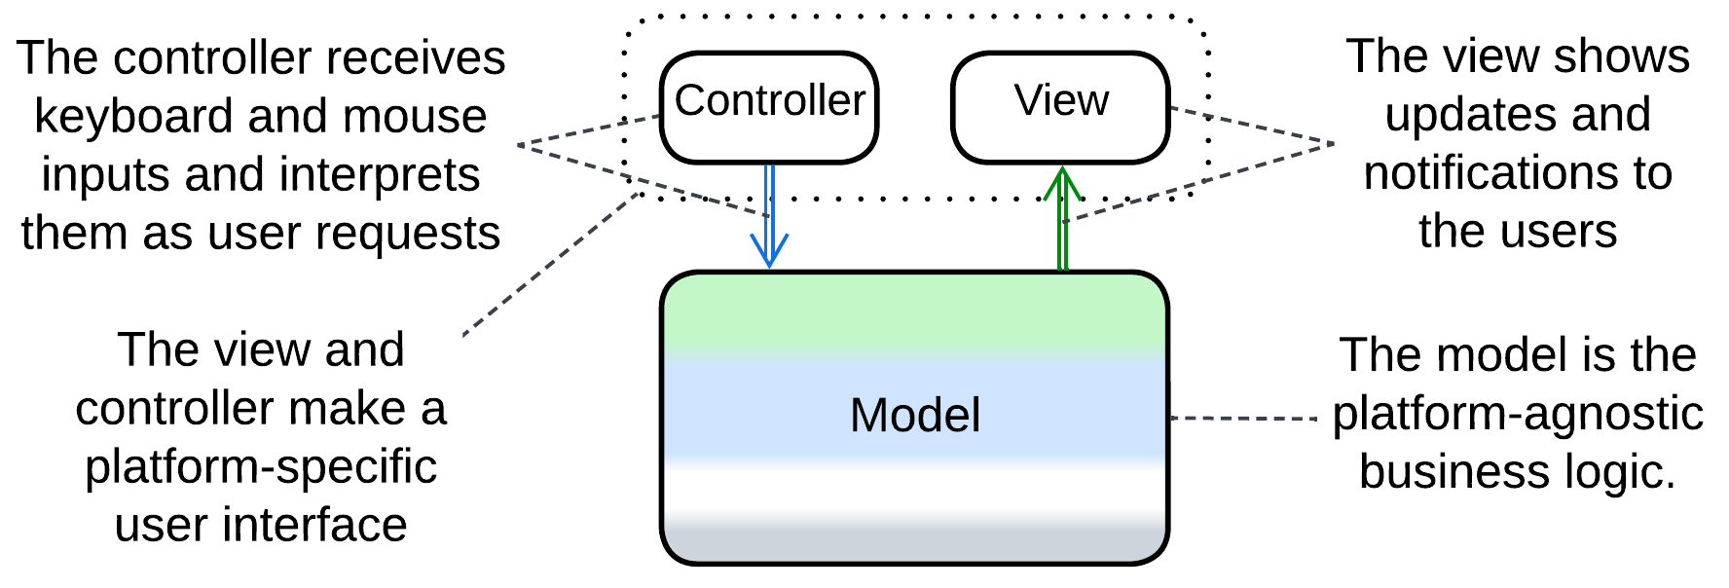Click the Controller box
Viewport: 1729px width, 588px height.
[769, 107]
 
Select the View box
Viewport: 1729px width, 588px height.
[1060, 107]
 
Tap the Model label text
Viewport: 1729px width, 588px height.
[914, 416]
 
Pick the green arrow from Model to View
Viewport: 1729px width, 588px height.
[1063, 219]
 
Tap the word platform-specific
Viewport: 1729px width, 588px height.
[261, 467]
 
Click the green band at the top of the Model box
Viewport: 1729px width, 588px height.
[914, 312]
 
